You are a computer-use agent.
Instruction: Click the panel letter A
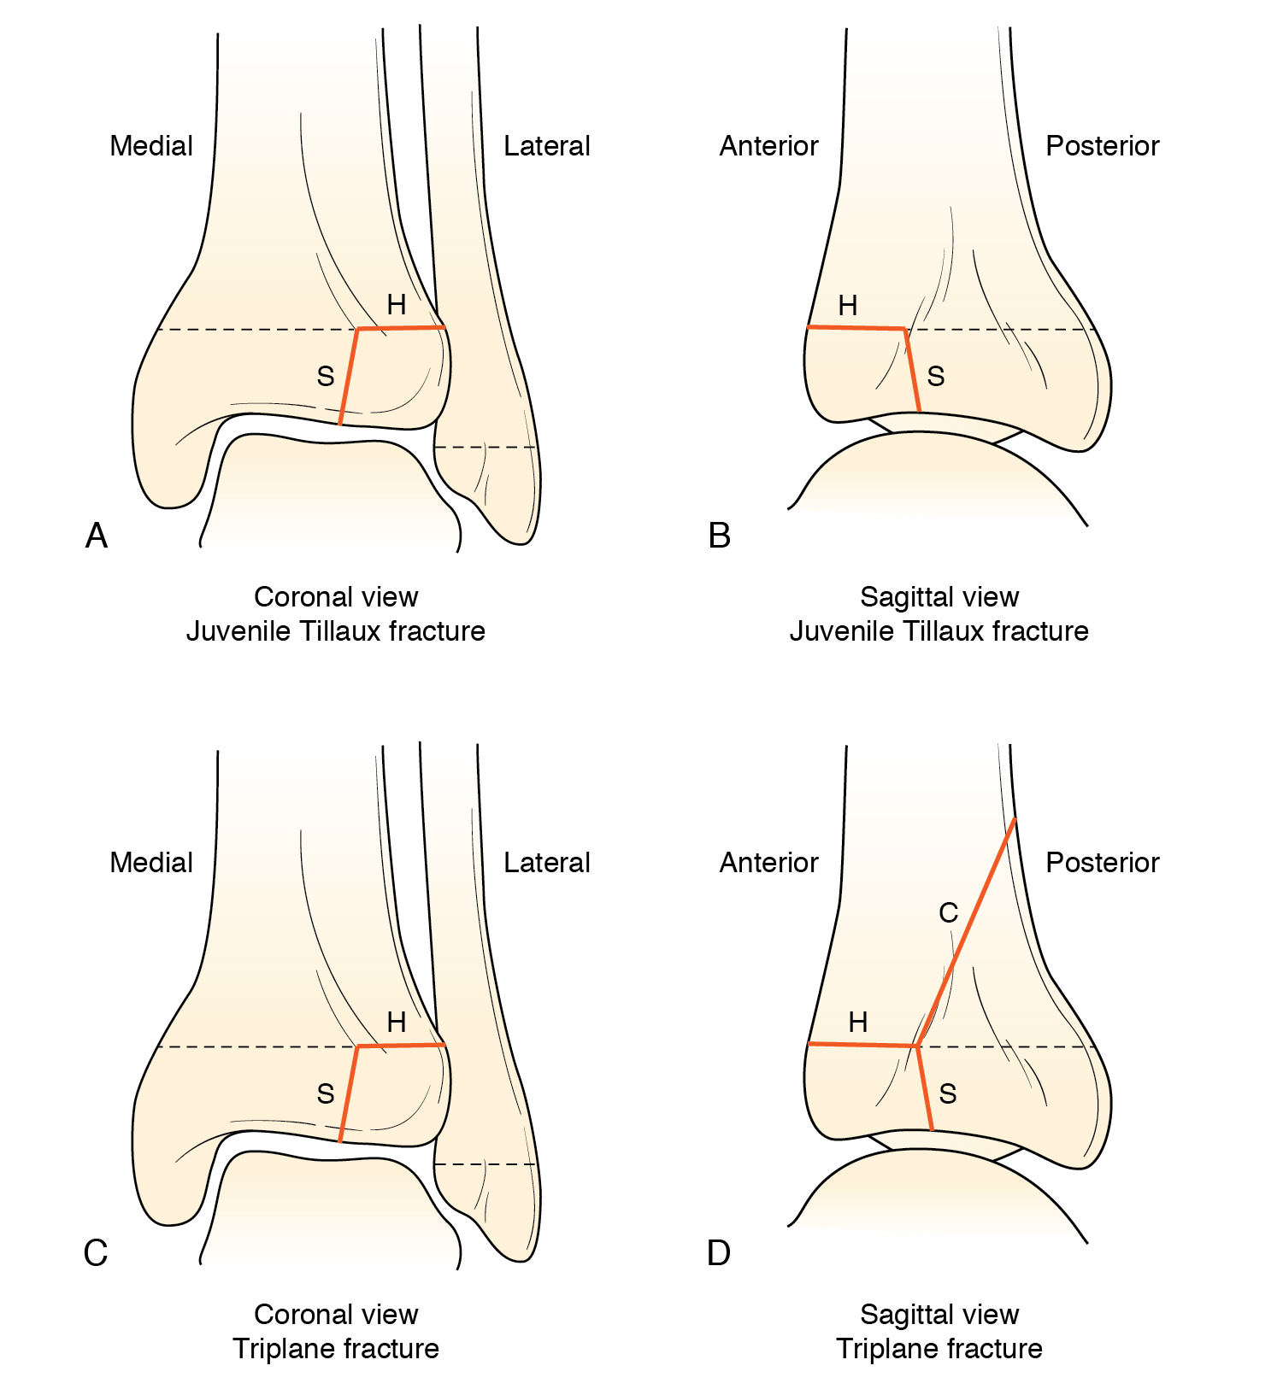click(97, 536)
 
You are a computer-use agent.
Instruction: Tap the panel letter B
click(720, 536)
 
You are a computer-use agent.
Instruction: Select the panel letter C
click(96, 1253)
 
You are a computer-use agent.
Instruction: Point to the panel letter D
click(719, 1253)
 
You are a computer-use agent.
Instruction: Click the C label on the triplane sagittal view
click(948, 913)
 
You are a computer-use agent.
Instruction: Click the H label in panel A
click(396, 304)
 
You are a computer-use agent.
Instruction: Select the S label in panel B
click(936, 376)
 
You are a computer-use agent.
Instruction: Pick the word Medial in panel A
click(151, 146)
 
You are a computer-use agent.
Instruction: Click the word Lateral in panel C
click(547, 863)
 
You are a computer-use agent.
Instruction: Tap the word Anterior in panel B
click(768, 146)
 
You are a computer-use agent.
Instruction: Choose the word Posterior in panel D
click(1103, 863)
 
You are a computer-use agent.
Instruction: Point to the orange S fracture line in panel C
click(349, 1093)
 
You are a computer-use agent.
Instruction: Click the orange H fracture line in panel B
click(856, 327)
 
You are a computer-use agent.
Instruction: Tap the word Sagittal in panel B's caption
click(902, 597)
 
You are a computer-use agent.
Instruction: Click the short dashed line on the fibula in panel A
click(485, 447)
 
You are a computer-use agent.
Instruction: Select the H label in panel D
click(857, 1022)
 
